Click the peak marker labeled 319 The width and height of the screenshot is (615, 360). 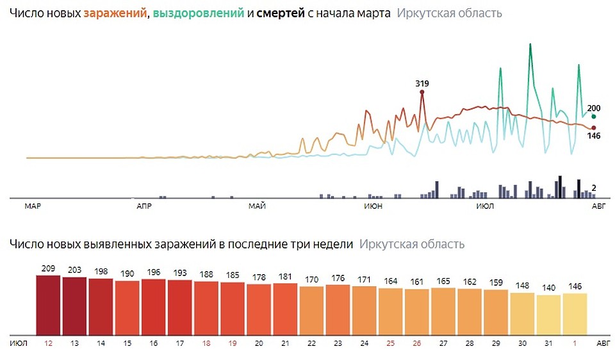(422, 92)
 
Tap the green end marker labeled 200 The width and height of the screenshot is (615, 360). (594, 117)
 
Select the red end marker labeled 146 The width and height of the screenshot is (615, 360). (593, 128)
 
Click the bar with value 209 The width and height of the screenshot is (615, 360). (48, 304)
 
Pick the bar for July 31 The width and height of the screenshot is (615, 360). (549, 315)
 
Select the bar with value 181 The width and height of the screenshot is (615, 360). (285, 309)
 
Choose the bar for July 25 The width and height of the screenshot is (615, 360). (390, 311)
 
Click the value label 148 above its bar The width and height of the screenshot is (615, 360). (523, 286)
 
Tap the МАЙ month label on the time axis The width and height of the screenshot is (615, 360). (258, 206)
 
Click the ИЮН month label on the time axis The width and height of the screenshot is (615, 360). (373, 206)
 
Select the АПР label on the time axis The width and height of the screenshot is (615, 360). (144, 206)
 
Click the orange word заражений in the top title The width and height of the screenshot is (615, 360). (115, 13)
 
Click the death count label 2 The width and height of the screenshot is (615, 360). (594, 188)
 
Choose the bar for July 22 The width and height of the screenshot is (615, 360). (311, 310)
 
